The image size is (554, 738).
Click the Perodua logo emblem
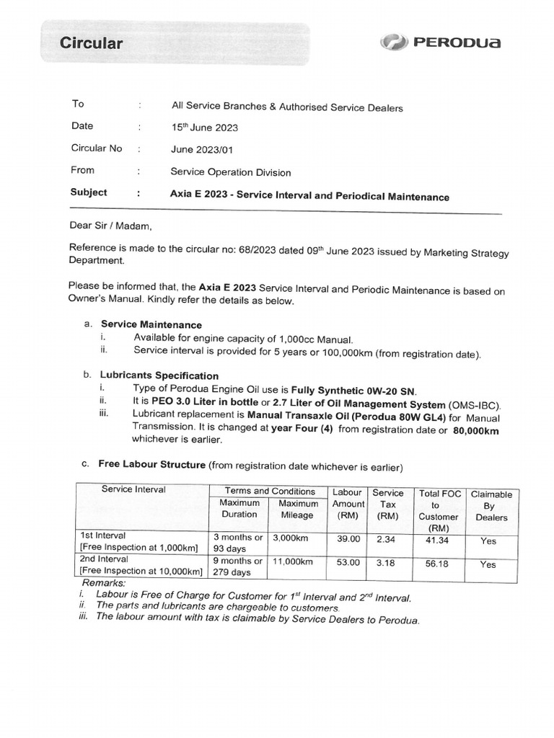coord(394,43)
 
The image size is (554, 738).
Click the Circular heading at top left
coord(91,43)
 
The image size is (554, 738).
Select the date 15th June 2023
coord(204,128)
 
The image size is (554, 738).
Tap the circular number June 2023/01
coord(202,149)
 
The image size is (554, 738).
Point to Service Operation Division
coord(231,172)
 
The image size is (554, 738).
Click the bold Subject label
coord(89,192)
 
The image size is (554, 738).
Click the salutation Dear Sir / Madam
coord(111,225)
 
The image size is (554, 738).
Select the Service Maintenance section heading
coord(151,324)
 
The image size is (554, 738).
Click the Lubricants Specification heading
coord(159,375)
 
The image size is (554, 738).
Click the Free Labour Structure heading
coord(152,465)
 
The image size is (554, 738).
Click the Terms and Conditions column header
coord(270,491)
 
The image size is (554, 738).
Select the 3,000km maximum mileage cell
coord(292,538)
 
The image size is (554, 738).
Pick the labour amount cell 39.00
coord(348,538)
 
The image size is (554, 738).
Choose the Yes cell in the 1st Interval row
coord(488,541)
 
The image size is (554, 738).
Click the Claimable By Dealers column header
coord(491,506)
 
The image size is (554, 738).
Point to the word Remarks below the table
coord(104,582)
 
